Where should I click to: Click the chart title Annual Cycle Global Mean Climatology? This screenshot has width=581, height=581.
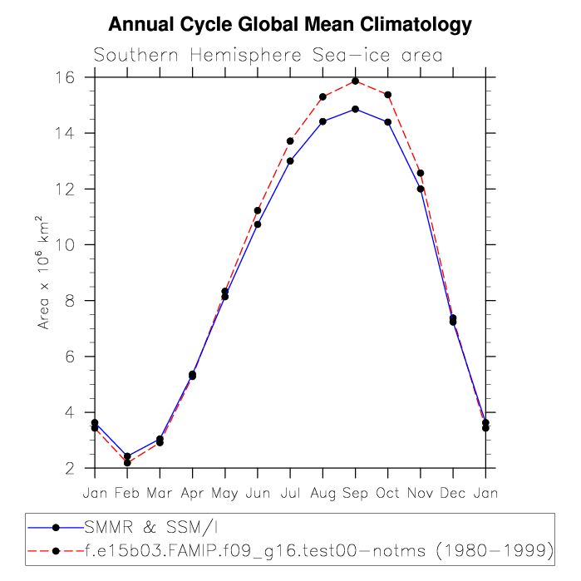point(290,25)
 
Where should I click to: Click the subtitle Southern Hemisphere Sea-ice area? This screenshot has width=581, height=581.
point(268,56)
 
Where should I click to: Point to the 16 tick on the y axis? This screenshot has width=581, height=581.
point(66,77)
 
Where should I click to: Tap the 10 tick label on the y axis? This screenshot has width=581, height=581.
point(66,245)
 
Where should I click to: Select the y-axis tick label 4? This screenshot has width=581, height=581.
point(70,412)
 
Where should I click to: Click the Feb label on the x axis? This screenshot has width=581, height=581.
point(127,493)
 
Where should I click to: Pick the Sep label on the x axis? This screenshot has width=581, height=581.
point(355,493)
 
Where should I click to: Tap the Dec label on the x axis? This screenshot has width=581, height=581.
point(453,493)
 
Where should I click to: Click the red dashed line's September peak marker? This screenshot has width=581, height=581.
point(355,81)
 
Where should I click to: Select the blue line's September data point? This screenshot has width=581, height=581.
point(355,109)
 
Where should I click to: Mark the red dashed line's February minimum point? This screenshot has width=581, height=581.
point(127,462)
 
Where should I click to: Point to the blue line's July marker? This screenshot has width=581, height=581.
point(290,160)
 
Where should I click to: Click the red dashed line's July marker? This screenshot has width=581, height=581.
point(290,140)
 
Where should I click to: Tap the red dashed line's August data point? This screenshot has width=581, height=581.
point(323,96)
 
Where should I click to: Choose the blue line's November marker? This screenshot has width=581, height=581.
point(421,189)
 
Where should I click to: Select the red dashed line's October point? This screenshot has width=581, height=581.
point(388,94)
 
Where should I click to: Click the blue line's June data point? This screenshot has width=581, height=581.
point(258,224)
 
